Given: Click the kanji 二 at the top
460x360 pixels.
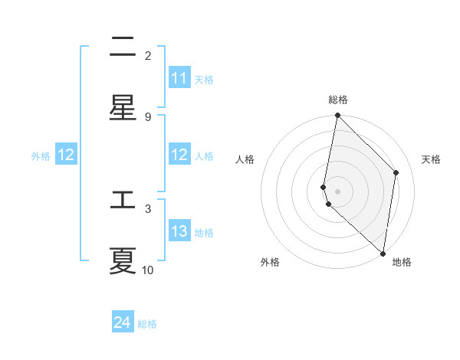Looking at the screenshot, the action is click(x=123, y=47).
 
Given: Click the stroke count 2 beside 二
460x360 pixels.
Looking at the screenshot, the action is click(x=148, y=55).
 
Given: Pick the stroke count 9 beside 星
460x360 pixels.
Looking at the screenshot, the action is click(x=148, y=116).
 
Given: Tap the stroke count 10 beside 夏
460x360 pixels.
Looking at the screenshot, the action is click(x=148, y=270).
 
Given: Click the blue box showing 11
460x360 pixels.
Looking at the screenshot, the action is click(x=179, y=78).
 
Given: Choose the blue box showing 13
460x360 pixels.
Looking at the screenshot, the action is click(x=179, y=231).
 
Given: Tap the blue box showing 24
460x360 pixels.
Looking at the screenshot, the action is click(x=123, y=323).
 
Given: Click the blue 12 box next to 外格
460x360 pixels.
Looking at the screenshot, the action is click(x=66, y=155).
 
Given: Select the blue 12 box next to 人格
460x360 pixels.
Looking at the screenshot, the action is click(x=179, y=155).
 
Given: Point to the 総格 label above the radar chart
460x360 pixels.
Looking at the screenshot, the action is click(x=338, y=100).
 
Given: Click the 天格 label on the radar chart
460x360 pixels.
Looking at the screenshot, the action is click(x=431, y=159).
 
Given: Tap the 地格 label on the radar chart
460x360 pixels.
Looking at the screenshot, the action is click(x=402, y=262).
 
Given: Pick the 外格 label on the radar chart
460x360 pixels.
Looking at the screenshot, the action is click(x=270, y=262).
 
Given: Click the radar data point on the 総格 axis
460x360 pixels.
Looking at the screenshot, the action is click(x=337, y=116).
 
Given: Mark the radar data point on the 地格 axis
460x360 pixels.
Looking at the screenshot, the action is click(x=383, y=254).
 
